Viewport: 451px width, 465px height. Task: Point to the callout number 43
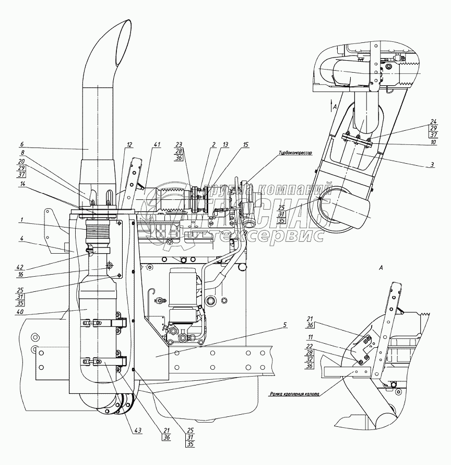[x=138, y=430]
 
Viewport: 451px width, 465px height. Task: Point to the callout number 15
[x=245, y=145]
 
